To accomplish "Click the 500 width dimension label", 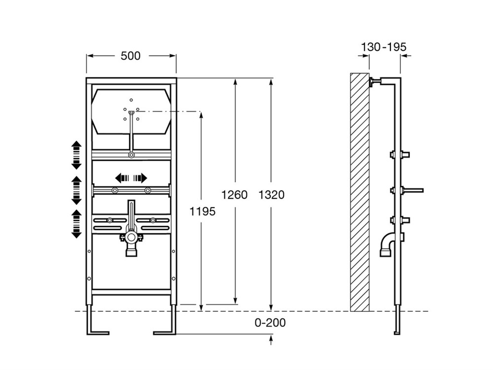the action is [131, 56].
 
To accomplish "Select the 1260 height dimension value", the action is [235, 195].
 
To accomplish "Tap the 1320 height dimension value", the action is [271, 195].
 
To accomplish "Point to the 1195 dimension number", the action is [203, 212].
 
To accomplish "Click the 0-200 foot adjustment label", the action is [270, 323].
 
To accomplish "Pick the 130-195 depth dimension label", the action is [384, 47].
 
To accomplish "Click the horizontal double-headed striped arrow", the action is [131, 178].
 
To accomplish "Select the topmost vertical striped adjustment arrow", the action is [76, 155].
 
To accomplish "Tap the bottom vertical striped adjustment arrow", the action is [76, 224].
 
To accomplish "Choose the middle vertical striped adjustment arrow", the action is [76, 190].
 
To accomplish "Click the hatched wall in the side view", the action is [360, 192].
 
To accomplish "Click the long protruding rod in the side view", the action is [413, 190].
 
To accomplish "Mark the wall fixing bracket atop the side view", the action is [375, 82].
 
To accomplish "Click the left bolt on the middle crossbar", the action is [115, 190].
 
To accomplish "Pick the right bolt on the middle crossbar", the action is [148, 190].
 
